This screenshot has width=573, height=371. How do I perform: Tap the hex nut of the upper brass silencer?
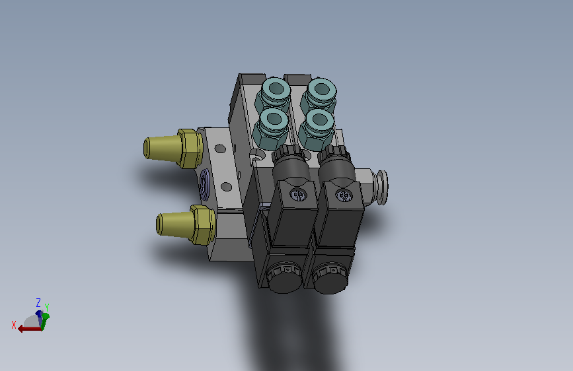click(x=190, y=149)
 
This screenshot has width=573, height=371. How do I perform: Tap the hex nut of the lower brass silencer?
click(x=203, y=224)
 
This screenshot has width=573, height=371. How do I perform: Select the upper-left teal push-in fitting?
click(x=274, y=93)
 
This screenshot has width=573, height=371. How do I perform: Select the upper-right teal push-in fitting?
click(x=319, y=93)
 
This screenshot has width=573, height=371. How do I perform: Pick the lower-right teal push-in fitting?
click(x=317, y=128)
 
